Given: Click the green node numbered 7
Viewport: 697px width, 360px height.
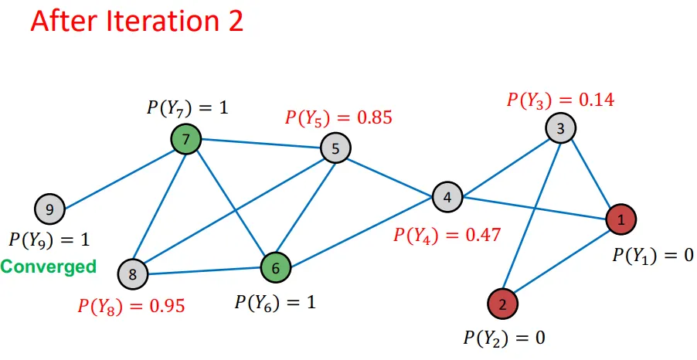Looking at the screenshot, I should coord(185,140).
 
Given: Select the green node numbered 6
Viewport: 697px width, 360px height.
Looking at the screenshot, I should coord(274,268).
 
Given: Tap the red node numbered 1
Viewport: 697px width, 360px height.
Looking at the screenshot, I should coord(620,220).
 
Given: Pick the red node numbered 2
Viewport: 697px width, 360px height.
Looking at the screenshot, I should coord(502,303).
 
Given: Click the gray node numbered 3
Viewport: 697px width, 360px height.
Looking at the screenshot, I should coord(559,128).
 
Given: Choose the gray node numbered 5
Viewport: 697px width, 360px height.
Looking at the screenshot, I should coord(335,148).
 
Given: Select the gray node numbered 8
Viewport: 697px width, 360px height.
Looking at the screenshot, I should coord(132,273).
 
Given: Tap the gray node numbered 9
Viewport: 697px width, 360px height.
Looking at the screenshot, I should coord(49,209).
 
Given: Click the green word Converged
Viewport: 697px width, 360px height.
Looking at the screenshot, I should coord(48,267).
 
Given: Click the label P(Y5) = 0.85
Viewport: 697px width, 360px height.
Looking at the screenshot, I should coord(338,118).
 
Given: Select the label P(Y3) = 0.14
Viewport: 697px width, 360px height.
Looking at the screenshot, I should coord(560,100).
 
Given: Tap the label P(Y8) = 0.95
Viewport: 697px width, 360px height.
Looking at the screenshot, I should coord(131,305).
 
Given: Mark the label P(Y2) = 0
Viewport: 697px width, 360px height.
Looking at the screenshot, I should coord(503,338).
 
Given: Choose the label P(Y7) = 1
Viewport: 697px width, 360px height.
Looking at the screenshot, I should coord(188,107).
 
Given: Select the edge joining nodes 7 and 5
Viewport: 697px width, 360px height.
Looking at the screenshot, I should coord(260,144).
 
